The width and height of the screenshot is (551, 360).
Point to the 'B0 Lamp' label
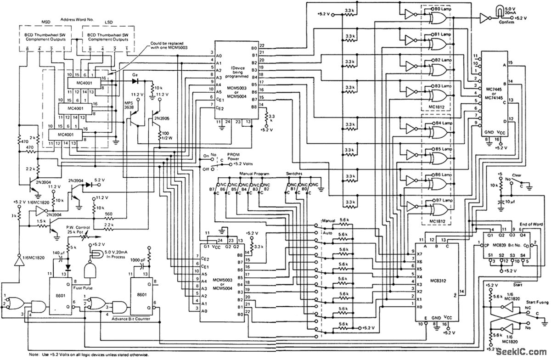pyautogui.click(x=442, y=9)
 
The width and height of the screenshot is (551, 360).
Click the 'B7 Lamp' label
pyautogui.click(x=442, y=201)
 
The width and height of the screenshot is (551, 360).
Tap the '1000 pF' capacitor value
pyautogui.click(x=138, y=259)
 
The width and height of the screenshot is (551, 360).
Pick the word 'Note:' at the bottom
pyautogui.click(x=34, y=354)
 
